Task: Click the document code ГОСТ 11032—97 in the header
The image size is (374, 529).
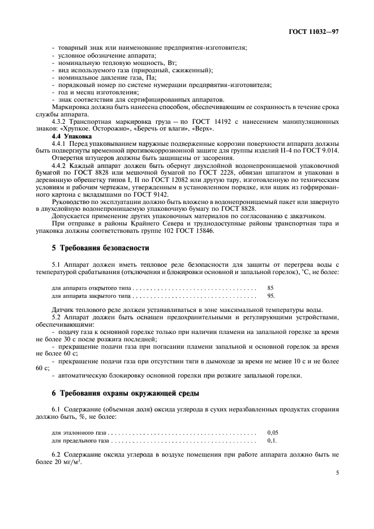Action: (x=313, y=32)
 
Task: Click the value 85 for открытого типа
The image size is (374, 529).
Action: (x=270, y=288)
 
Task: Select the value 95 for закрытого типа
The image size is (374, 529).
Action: (x=271, y=296)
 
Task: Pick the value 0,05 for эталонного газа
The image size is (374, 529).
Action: (x=273, y=432)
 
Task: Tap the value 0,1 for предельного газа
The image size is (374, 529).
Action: (x=272, y=440)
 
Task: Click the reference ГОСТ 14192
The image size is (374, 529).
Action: (x=202, y=122)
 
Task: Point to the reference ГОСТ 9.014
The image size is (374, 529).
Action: (x=323, y=151)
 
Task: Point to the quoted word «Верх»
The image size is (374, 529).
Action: (x=202, y=129)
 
